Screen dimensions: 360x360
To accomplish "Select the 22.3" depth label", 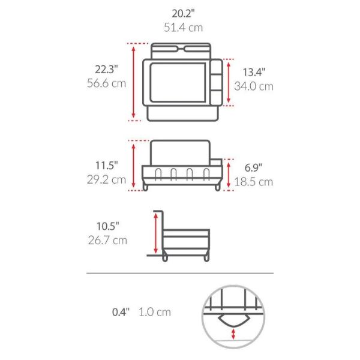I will point(107,69).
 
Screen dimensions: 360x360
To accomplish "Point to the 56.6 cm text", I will point(107,83).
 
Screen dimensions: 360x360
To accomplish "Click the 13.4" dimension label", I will point(254,72).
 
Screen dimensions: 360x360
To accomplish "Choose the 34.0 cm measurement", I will point(254,86).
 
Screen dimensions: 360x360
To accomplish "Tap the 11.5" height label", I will point(107,164).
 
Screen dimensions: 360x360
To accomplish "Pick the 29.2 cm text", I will point(107,179).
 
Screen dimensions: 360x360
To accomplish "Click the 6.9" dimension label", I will point(254,168).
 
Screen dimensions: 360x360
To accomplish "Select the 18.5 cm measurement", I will point(254,182).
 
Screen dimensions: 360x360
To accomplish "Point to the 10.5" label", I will point(107,226).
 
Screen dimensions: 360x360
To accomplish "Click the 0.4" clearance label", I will point(121,312).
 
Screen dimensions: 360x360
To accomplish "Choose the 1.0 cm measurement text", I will point(155,312).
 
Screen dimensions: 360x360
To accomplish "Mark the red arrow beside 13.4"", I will point(227,81).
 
